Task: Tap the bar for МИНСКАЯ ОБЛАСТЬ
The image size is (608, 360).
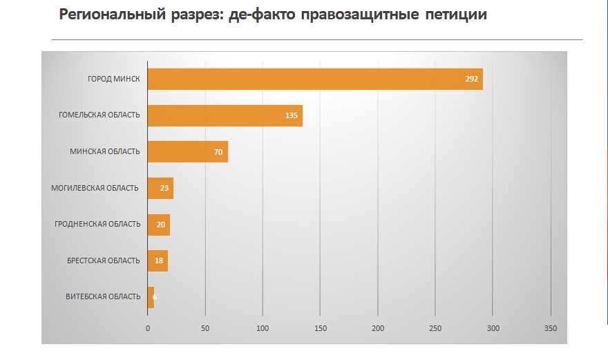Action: point(187,151)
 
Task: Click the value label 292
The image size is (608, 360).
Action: point(472,79)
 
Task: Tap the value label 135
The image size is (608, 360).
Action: point(292,115)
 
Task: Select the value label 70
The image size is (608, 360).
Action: point(218,152)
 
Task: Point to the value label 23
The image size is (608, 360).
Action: point(164,188)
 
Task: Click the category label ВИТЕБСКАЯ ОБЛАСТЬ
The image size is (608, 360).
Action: point(103,297)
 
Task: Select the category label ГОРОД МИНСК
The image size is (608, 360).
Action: point(114,79)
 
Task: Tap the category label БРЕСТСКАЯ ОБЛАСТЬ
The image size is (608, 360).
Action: point(104,260)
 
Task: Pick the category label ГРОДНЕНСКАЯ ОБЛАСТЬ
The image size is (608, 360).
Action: point(97,224)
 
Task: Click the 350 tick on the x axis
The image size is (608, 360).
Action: point(550,328)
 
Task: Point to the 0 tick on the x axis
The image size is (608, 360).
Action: point(148,328)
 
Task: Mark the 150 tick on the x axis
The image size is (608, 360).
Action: point(320,328)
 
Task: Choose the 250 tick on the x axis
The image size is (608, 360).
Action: point(435,328)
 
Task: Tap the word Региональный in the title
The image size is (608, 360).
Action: point(110,15)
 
